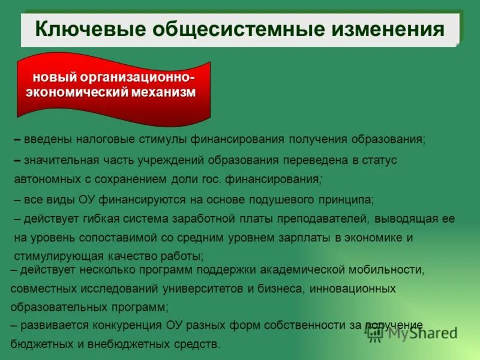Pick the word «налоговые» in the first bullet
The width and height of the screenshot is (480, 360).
click(104, 139)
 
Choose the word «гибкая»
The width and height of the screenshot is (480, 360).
click(104, 219)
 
